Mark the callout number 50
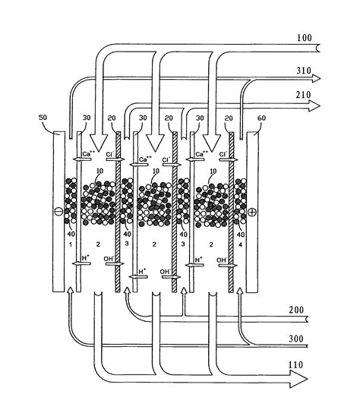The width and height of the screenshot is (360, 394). tap(43, 119)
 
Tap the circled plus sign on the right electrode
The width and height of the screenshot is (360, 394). tap(251, 206)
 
